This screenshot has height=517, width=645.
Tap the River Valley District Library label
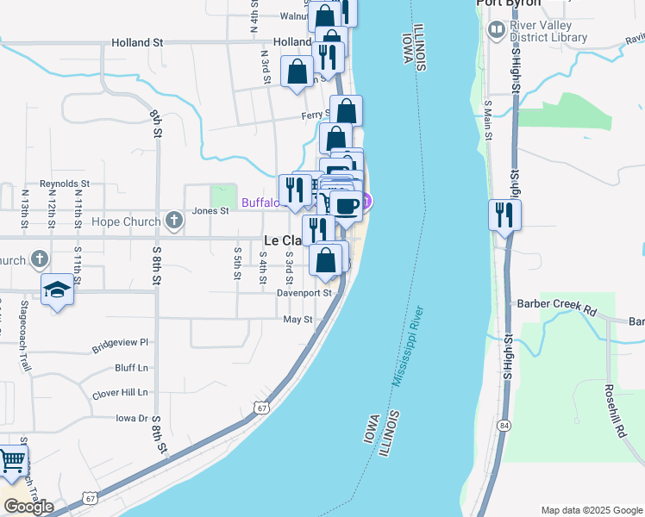(548, 32)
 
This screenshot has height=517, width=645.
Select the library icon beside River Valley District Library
(496, 31)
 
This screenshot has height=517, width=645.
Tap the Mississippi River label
(410, 345)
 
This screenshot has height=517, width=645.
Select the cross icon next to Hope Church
(173, 221)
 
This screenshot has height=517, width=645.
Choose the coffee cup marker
(347, 206)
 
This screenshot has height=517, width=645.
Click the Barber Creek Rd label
(557, 304)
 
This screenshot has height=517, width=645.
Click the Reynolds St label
(71, 184)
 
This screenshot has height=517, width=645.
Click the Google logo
(28, 507)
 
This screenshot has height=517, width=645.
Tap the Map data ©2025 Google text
(591, 510)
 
